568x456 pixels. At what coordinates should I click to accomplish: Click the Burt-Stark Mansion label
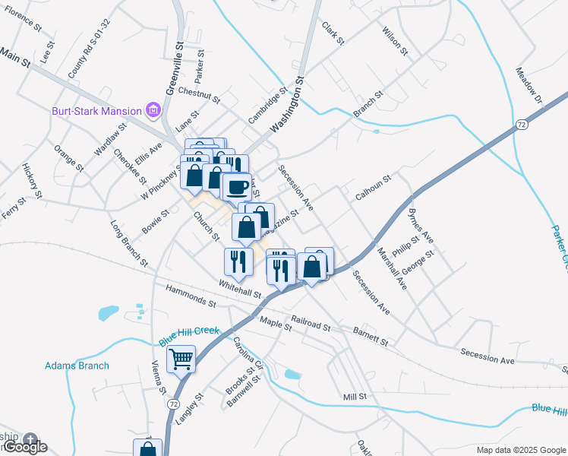pos(96,111)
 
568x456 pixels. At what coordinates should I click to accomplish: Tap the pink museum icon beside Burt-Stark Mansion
pos(153,111)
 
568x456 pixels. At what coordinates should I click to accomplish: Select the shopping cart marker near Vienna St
pos(181,358)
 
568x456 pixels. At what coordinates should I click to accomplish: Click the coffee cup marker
pos(237,185)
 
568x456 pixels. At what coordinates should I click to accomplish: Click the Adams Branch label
pos(77,366)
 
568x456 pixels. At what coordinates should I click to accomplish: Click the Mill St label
pos(355,397)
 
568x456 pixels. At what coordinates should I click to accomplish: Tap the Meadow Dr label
pos(530,86)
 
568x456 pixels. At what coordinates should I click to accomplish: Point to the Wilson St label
pos(395,36)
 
